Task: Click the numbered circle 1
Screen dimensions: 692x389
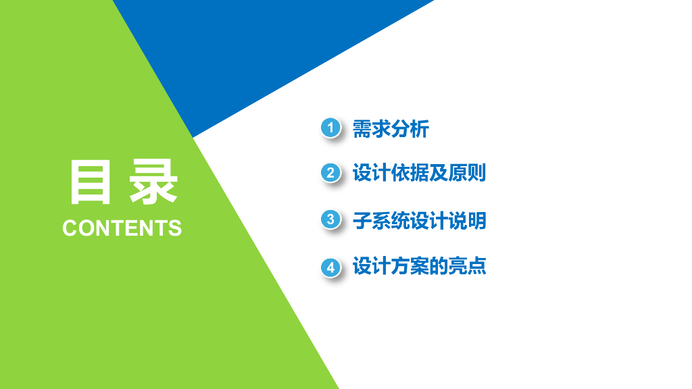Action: pyautogui.click(x=330, y=128)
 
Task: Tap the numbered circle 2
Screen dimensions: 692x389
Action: pyautogui.click(x=330, y=173)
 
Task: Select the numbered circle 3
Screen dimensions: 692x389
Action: pyautogui.click(x=330, y=219)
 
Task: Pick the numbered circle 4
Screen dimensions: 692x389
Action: pyautogui.click(x=330, y=267)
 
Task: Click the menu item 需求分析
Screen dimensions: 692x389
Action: pyautogui.click(x=391, y=129)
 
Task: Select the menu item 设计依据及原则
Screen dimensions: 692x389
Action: pyautogui.click(x=419, y=172)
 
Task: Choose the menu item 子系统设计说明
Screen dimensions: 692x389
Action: pyautogui.click(x=419, y=221)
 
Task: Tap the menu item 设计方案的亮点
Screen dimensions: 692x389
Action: pyautogui.click(x=419, y=266)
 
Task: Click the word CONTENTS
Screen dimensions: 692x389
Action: pyautogui.click(x=122, y=228)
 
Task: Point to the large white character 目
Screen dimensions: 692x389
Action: pyautogui.click(x=90, y=182)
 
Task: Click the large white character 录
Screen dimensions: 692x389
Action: pyautogui.click(x=153, y=182)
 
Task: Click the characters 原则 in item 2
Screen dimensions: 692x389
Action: pyautogui.click(x=467, y=172)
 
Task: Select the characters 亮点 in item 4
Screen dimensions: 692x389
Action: pyautogui.click(x=467, y=266)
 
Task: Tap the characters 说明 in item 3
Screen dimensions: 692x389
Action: pyautogui.click(x=467, y=221)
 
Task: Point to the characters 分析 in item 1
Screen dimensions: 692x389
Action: pyautogui.click(x=410, y=129)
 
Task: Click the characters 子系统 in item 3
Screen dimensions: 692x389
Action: pyautogui.click(x=381, y=221)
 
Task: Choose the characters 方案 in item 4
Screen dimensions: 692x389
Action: pyautogui.click(x=410, y=266)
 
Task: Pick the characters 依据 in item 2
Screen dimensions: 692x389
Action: pyautogui.click(x=410, y=172)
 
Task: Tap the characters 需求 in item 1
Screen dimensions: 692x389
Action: pyautogui.click(x=372, y=129)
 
